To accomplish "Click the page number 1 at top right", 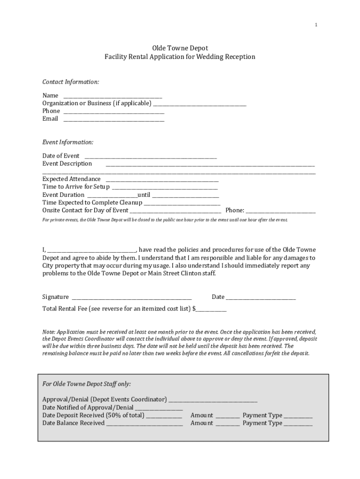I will click(316, 25).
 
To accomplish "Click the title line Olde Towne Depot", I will click(180, 48).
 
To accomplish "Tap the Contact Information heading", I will click(71, 82).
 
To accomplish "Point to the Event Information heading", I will click(68, 142).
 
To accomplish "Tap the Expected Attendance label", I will click(72, 179).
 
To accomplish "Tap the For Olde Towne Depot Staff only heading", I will click(86, 384).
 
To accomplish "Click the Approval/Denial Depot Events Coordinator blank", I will click(213, 400).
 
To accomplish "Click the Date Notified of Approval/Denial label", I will click(88, 407).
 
